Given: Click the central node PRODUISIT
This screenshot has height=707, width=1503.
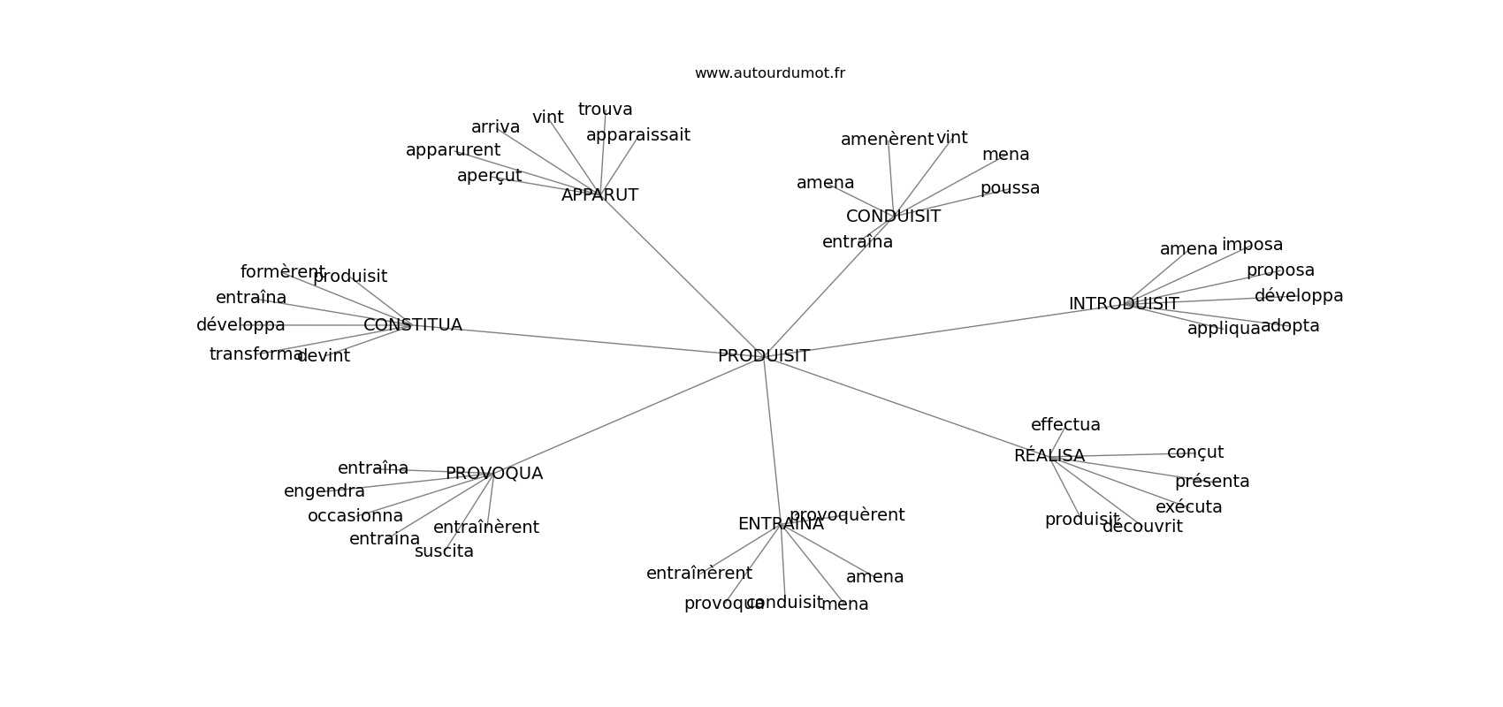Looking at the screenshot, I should tap(763, 356).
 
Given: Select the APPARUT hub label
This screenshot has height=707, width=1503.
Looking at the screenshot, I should tap(599, 195).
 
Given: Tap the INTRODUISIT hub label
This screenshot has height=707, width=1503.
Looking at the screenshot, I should tap(1123, 304).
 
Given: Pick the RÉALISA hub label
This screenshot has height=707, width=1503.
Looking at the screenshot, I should tap(1049, 456).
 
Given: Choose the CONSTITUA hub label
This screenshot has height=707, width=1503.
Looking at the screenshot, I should tap(412, 325).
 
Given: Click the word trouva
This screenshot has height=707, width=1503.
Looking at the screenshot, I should tap(605, 110).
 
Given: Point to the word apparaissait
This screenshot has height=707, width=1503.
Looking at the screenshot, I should tap(637, 135).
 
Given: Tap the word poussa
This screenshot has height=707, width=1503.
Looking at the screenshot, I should tap(1010, 188).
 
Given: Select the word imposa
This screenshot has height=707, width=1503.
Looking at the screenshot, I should tap(1252, 245).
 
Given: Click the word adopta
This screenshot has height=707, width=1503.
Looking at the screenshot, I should tap(1290, 326).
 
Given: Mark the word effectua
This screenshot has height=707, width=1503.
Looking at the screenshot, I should tap(1065, 425).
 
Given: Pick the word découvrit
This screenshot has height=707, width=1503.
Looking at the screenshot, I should tap(1141, 527).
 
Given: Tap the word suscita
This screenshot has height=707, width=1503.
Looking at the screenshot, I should tap(444, 551).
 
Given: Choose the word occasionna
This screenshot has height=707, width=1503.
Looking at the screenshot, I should tap(355, 516).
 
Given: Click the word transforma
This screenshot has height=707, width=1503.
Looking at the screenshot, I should tap(256, 354).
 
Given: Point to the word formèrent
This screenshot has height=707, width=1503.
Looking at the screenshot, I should tap(282, 272).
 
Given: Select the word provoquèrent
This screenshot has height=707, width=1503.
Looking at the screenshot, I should tap(846, 515).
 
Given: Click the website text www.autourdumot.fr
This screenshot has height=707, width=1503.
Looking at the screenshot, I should tap(769, 73).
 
